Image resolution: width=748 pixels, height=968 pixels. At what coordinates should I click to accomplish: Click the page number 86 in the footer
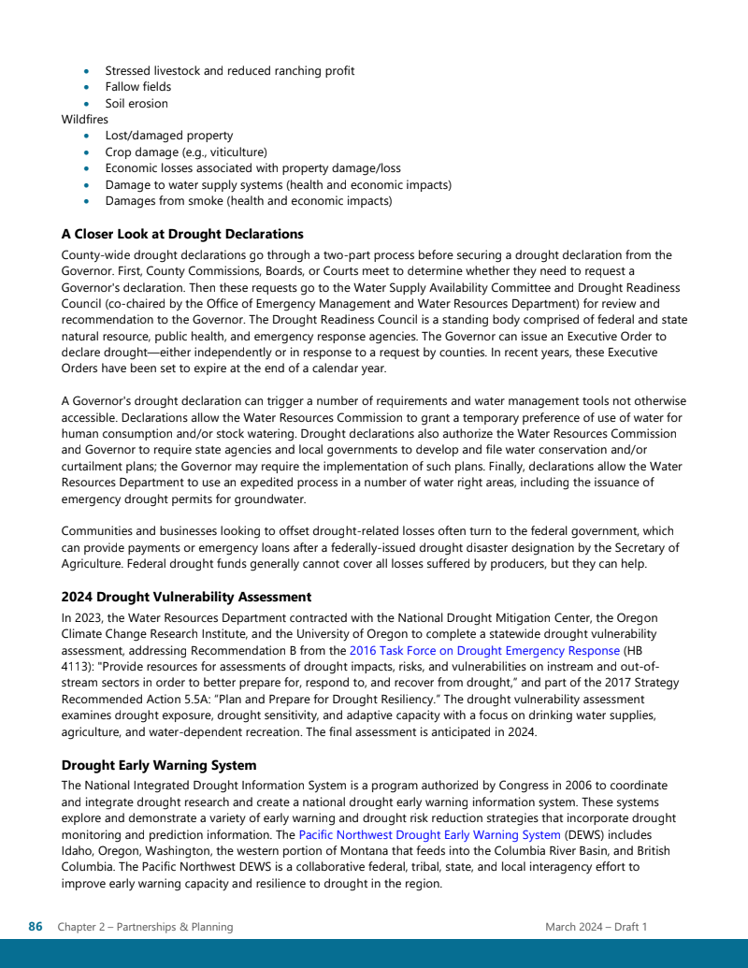pyautogui.click(x=36, y=927)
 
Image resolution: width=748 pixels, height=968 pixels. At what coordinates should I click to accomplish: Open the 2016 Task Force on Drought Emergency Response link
pyautogui.click(x=484, y=650)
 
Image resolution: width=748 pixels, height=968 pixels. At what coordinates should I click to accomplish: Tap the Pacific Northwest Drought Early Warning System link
pyautogui.click(x=429, y=834)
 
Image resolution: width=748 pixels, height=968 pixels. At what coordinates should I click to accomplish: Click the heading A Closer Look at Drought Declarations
pyautogui.click(x=182, y=234)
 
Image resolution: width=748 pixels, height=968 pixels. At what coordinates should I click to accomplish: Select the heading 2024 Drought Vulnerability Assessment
pyautogui.click(x=186, y=597)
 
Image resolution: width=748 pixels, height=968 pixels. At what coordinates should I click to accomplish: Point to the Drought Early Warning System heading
pyautogui.click(x=159, y=765)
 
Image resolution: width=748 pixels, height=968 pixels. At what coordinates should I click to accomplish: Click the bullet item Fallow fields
pyautogui.click(x=137, y=87)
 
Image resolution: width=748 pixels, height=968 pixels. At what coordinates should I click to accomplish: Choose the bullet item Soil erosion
pyautogui.click(x=137, y=104)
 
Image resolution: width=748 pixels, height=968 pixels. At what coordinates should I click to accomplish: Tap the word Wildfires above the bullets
pyautogui.click(x=84, y=120)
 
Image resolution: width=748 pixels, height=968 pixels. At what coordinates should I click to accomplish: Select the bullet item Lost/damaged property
pyautogui.click(x=168, y=136)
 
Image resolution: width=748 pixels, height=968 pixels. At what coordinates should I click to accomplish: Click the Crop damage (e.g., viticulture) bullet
pyautogui.click(x=186, y=152)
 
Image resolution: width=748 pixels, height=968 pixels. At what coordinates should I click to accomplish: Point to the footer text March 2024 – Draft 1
pyautogui.click(x=597, y=927)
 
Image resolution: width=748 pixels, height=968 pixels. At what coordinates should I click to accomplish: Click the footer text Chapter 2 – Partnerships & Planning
pyautogui.click(x=145, y=927)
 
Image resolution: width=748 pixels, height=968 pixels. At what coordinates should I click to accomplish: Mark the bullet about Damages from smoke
pyautogui.click(x=248, y=201)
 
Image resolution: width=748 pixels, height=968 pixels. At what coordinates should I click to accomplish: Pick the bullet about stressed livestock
pyautogui.click(x=229, y=71)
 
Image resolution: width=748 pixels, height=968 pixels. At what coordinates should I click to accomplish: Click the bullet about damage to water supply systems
pyautogui.click(x=278, y=185)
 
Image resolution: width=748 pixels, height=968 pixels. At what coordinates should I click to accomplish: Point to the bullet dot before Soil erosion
pyautogui.click(x=87, y=104)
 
